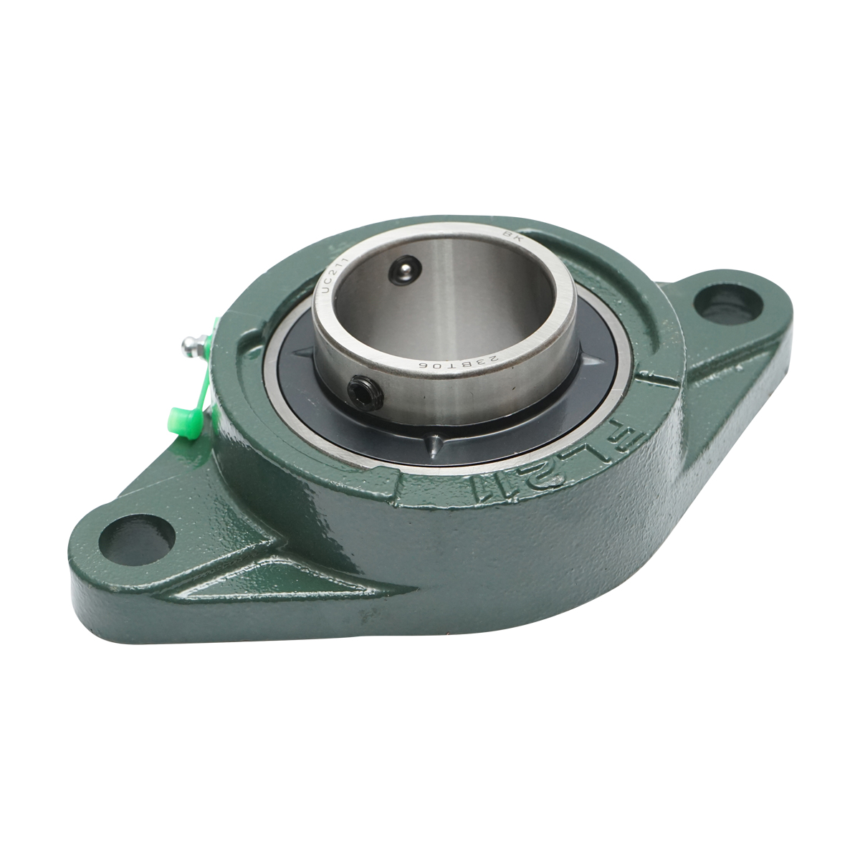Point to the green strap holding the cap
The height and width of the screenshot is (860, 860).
tap(202, 380)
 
